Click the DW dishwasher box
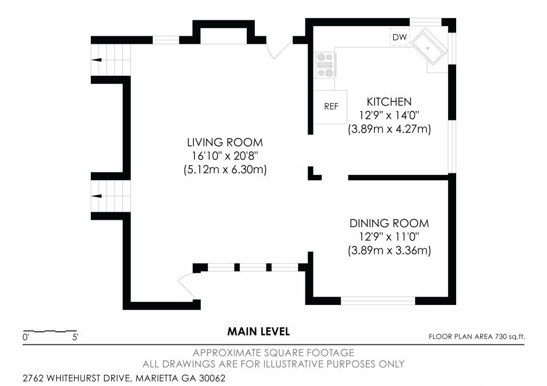pos(400,37)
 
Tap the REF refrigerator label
pos(331,107)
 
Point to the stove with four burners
pos(325,65)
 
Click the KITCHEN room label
pos(389,102)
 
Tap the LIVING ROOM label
pos(225,142)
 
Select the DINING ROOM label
pos(389,223)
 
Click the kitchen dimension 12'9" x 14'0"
pos(389,115)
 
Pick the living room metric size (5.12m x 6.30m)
pos(225,170)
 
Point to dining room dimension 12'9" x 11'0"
pos(389,237)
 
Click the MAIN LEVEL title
pos(259,332)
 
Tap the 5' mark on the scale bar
pos(75,337)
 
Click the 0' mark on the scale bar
pos(26,337)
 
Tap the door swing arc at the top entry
pos(269,51)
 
